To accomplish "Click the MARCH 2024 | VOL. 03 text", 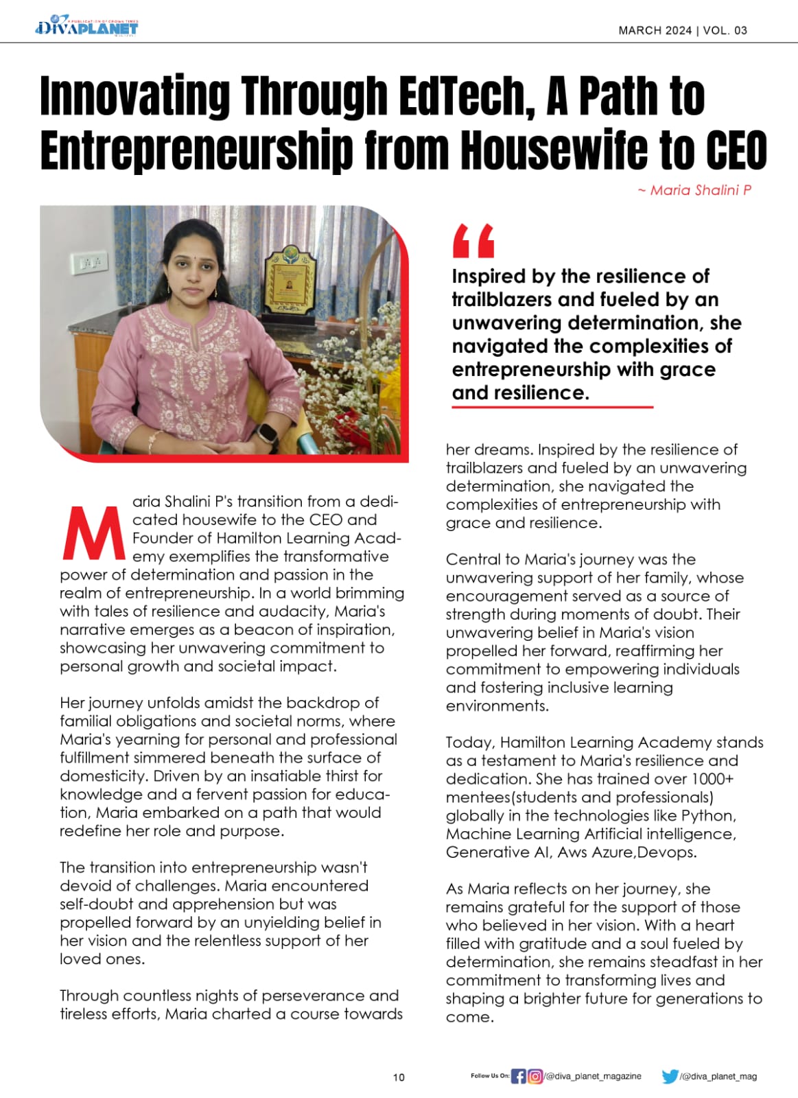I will pos(682,30).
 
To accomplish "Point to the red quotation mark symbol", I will pos(473,241).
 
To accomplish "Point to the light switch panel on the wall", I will pos(89,263).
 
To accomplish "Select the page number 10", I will pos(399,1077).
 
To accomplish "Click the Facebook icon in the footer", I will pos(519,1076).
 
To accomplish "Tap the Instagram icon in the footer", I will pos(535,1076).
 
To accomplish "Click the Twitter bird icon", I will pos(670,1076).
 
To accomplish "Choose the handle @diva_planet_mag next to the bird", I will pos(718,1077).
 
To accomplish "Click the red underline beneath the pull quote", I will pos(552,407).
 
